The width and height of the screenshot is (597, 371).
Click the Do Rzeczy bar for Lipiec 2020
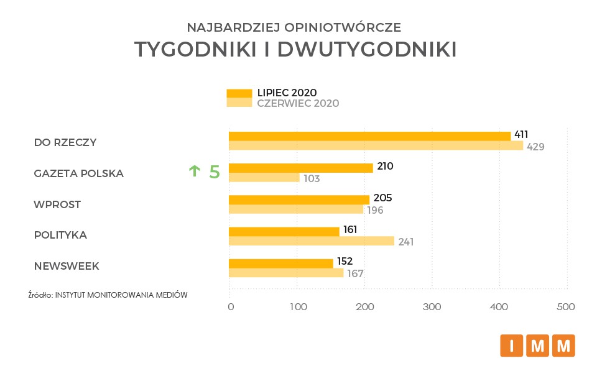pos(369,136)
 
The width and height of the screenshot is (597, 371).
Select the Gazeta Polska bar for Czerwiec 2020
pos(264,178)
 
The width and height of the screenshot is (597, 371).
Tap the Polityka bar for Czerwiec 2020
pos(312,241)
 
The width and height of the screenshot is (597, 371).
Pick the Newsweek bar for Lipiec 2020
pos(281,263)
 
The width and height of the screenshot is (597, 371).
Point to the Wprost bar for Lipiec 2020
pos(299,199)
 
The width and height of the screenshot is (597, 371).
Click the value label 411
pos(521,135)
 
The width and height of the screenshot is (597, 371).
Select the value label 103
pos(312,179)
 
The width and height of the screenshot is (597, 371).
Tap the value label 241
pos(405,242)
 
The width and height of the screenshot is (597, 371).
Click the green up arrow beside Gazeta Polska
pos(195,171)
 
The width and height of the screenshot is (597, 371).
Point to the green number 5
pos(214,172)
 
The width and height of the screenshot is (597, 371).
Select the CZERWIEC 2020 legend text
pos(298,104)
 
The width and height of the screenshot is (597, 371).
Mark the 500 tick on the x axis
pos(565,307)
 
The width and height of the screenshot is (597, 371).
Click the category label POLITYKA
pos(60,236)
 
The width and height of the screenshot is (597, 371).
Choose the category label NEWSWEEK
pos(67,267)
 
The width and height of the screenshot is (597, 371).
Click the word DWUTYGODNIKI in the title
pos(367,50)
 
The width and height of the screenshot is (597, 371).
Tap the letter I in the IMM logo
pos(512,346)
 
